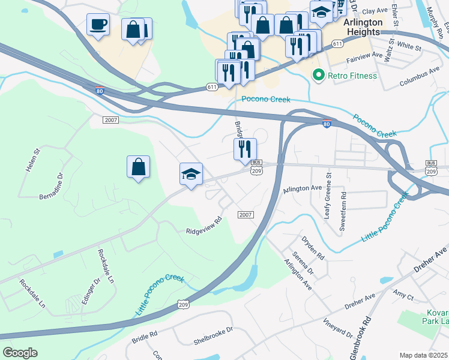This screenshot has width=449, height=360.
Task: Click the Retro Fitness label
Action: pos(352,76)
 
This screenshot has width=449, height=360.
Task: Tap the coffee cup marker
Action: pos(98,25)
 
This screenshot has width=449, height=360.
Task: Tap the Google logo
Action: pos(20,353)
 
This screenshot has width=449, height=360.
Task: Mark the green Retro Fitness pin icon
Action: pos(318,76)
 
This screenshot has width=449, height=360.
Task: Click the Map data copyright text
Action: pos(424,355)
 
